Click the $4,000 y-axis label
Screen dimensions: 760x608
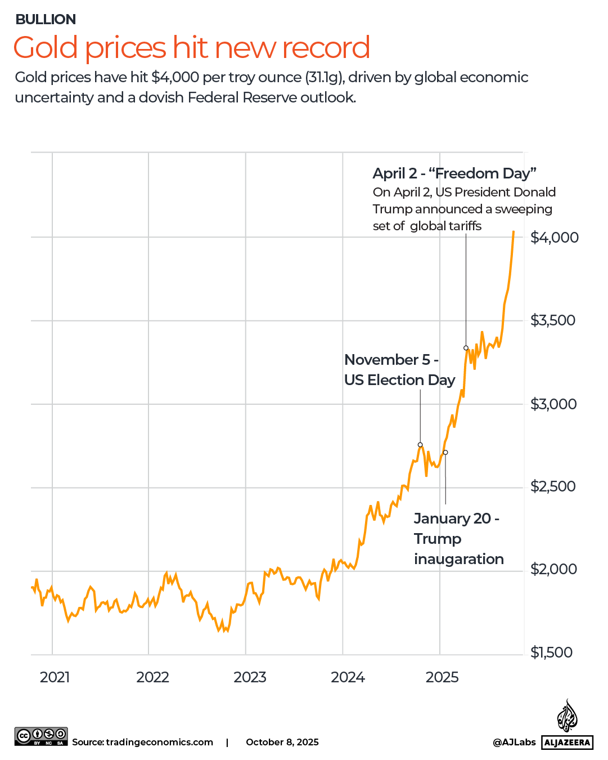click(554, 238)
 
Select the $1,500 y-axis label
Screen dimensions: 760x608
click(551, 652)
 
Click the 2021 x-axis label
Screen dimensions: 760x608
click(55, 677)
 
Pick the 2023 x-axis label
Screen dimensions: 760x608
click(250, 677)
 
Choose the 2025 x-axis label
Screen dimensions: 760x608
click(442, 677)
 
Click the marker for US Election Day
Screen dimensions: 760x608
click(420, 445)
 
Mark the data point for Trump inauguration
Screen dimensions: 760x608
click(445, 453)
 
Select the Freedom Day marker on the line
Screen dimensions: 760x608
click(466, 348)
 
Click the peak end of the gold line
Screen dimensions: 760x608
click(513, 231)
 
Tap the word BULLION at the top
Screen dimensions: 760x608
click(46, 20)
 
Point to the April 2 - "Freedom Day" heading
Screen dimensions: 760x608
click(454, 173)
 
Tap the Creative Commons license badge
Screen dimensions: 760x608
click(41, 736)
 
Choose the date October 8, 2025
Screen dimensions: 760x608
click(282, 742)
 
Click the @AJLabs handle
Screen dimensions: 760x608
click(514, 742)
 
